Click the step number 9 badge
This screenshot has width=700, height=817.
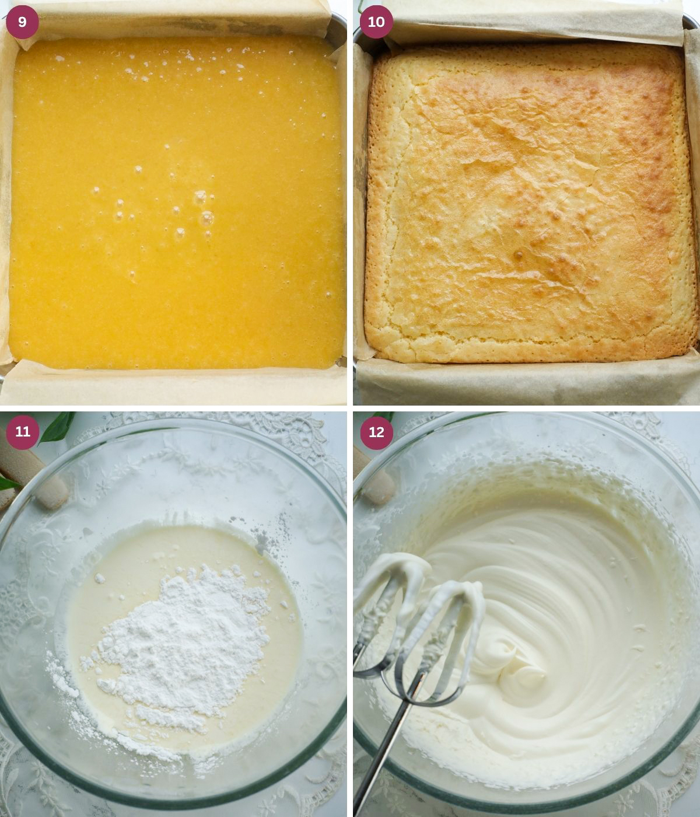tap(22, 22)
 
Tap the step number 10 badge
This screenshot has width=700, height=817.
tap(376, 22)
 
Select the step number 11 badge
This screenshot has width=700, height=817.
tap(22, 432)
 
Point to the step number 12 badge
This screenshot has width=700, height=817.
tap(376, 432)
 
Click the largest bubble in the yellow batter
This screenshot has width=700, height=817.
tap(206, 219)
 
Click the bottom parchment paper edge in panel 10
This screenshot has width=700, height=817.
tap(525, 379)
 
